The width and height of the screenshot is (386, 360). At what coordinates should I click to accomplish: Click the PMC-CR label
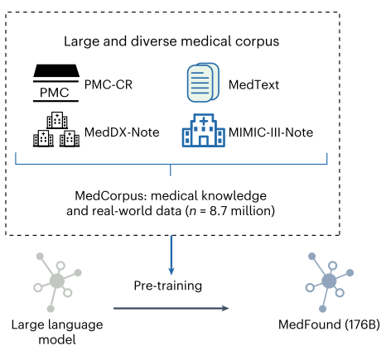(x=109, y=84)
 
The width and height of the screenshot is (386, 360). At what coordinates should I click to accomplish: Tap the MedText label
(x=253, y=84)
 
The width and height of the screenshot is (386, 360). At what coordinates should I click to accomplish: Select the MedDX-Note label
(x=122, y=132)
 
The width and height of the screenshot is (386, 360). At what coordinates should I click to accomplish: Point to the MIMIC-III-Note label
(x=271, y=132)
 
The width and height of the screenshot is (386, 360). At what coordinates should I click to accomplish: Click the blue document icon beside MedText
(x=203, y=83)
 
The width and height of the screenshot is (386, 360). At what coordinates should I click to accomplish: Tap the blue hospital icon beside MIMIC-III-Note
(x=204, y=130)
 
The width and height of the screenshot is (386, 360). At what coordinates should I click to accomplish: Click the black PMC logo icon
(x=56, y=83)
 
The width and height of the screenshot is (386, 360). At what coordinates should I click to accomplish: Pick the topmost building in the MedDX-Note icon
(x=57, y=120)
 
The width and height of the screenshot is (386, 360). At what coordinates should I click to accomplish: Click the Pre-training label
(x=168, y=286)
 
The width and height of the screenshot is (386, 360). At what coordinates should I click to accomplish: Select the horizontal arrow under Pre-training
(x=171, y=308)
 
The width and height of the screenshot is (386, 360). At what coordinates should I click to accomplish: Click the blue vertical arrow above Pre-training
(x=171, y=255)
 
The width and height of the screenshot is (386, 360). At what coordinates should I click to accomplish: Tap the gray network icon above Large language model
(x=57, y=282)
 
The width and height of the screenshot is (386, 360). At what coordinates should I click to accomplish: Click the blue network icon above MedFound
(x=330, y=282)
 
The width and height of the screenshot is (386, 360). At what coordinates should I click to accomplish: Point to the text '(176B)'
(x=362, y=324)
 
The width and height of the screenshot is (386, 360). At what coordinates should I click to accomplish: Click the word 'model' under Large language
(x=57, y=339)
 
